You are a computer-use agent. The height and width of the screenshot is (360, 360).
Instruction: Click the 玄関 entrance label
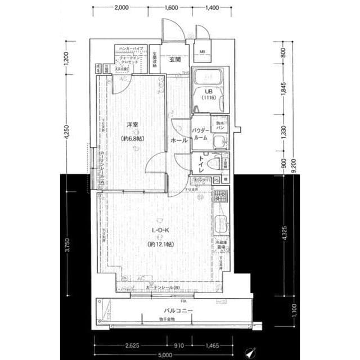[x=173, y=59]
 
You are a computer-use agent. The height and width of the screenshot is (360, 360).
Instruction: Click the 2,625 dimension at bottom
[x=132, y=345]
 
